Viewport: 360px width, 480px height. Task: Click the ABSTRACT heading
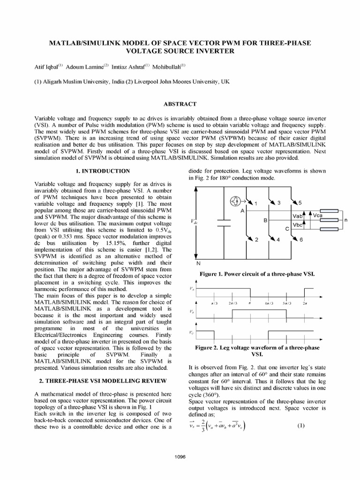click(x=180, y=104)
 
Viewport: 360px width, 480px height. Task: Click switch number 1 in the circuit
click(x=256, y=203)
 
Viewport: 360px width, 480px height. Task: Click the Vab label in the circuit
click(x=297, y=217)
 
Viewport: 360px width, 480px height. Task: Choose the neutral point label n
click(x=345, y=219)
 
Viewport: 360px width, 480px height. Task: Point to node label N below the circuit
click(x=198, y=263)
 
